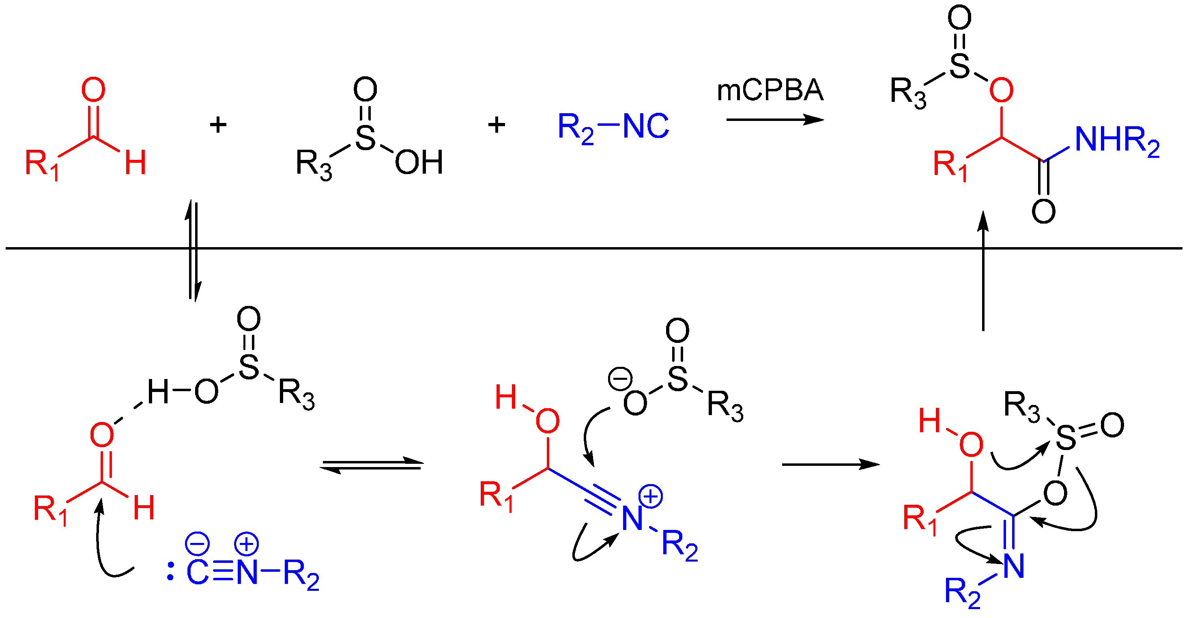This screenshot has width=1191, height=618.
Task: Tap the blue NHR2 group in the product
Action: point(1116,140)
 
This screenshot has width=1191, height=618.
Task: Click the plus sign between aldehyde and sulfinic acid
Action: point(218,125)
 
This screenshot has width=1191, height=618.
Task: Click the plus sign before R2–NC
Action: point(497,125)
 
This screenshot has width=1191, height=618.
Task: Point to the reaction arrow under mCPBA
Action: point(774,120)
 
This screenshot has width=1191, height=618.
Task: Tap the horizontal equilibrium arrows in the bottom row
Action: point(372,465)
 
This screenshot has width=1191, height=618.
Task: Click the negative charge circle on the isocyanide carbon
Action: point(198,543)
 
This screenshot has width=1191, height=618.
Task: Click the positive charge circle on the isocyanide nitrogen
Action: point(246,543)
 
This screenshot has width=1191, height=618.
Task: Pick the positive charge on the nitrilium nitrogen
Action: point(651,496)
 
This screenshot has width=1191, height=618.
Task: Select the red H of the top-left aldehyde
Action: point(135,162)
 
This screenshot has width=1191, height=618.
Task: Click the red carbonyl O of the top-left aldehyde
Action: point(93,89)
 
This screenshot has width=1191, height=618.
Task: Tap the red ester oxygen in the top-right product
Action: point(1002,90)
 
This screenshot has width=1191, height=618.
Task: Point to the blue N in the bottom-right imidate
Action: point(1014,566)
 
